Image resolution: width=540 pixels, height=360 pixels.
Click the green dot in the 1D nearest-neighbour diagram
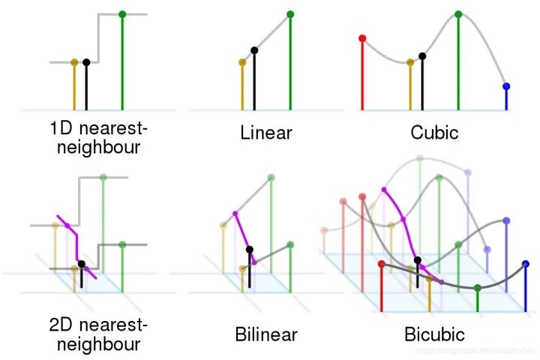[122, 14]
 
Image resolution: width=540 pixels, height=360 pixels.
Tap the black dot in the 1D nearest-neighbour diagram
[86, 62]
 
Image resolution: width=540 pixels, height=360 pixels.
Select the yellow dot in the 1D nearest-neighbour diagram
[73, 62]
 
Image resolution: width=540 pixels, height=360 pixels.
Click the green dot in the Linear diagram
[290, 14]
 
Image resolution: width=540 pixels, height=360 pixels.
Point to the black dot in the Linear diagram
[254, 51]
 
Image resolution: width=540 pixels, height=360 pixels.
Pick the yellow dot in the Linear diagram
[241, 62]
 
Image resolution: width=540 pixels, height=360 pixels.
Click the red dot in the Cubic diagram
[362, 37]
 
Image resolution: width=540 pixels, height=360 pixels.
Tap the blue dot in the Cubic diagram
[506, 86]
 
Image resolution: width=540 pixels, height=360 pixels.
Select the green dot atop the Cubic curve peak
[458, 14]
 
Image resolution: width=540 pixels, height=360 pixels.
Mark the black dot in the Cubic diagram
[422, 55]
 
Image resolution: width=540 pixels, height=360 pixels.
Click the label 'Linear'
[266, 134]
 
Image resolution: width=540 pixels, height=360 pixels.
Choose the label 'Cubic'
[435, 134]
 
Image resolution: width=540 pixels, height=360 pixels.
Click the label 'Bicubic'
[434, 334]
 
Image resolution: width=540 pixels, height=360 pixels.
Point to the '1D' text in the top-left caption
[61, 127]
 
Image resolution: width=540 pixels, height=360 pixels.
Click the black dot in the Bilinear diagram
[250, 248]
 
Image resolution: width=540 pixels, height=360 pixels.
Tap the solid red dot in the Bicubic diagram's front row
[382, 264]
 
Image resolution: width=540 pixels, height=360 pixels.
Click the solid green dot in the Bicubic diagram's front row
[478, 287]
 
